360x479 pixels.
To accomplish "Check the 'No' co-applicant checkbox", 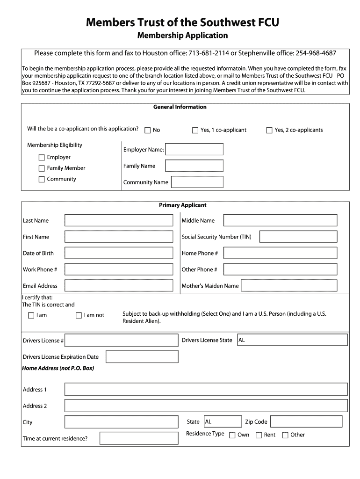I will click(x=148, y=131).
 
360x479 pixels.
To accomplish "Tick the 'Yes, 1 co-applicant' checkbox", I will click(x=195, y=131).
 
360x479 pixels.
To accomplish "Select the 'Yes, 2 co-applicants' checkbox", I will click(x=269, y=131).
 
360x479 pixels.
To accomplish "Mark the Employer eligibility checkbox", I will click(x=42, y=158).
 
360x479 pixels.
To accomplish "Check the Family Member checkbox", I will click(x=42, y=168).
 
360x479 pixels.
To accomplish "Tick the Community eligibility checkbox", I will click(x=42, y=179).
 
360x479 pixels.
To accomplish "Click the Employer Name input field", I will click(x=194, y=149).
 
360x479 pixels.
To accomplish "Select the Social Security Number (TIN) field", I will click(x=298, y=237).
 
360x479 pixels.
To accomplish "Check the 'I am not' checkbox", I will click(x=79, y=316).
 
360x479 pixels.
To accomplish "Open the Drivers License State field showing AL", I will click(x=292, y=340).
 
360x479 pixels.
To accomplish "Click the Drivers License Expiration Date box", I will click(x=142, y=356).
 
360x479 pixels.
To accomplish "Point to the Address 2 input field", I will click(x=206, y=406).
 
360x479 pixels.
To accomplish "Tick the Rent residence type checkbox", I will click(x=259, y=435).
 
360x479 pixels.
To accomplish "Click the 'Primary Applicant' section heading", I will click(x=182, y=205).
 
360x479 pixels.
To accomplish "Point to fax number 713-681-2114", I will click(x=209, y=53).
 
